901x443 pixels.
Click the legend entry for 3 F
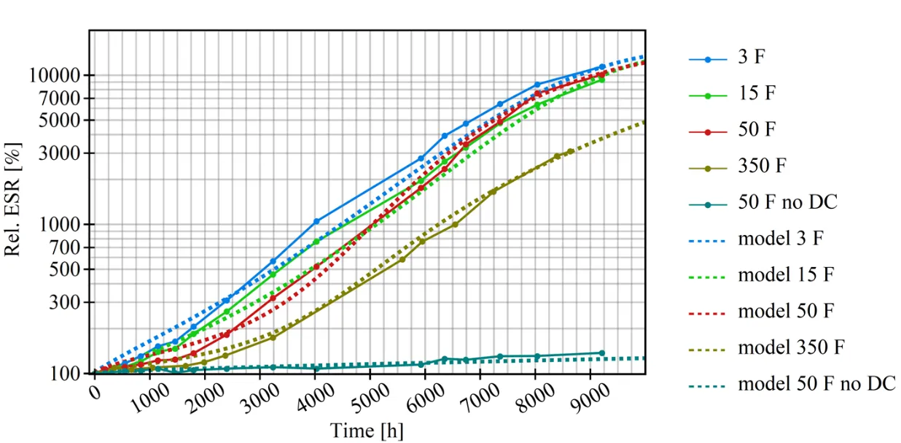click(752, 58)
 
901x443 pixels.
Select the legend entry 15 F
click(754, 94)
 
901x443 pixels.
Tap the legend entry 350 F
click(762, 166)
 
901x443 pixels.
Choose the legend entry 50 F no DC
click(787, 201)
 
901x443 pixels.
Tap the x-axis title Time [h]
click(367, 430)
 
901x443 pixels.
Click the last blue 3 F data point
click(601, 67)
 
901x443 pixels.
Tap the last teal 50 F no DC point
click(601, 353)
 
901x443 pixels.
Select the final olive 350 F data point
click(570, 152)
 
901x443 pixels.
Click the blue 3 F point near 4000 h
click(316, 221)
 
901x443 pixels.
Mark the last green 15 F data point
click(602, 79)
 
